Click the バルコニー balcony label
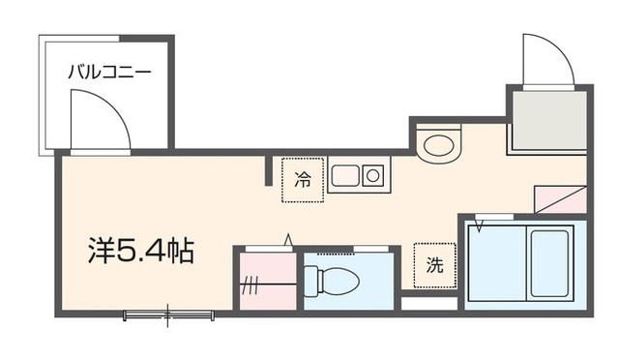tap(108, 72)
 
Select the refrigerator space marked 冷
tap(303, 179)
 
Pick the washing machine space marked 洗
tap(434, 264)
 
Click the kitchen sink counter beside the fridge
tap(357, 176)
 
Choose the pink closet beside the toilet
tap(266, 281)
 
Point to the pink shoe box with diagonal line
tap(560, 198)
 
